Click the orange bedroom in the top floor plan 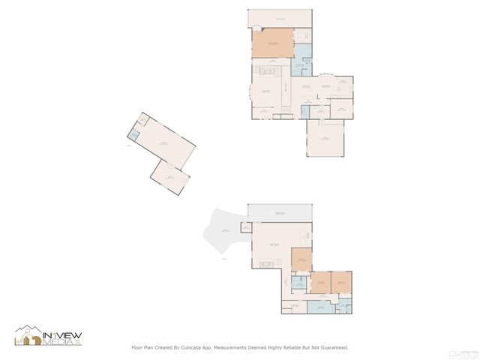pos(271,44)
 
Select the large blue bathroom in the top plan pos(301,61)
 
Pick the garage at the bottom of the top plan pos(325,139)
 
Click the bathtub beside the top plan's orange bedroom pos(303,35)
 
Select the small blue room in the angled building pos(133,135)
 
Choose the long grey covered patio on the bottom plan pos(280,213)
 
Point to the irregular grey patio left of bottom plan pos(223,234)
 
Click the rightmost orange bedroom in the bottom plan pos(341,282)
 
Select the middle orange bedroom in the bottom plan pos(321,282)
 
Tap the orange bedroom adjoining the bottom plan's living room pos(301,259)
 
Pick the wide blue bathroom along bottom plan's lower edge pos(319,307)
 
